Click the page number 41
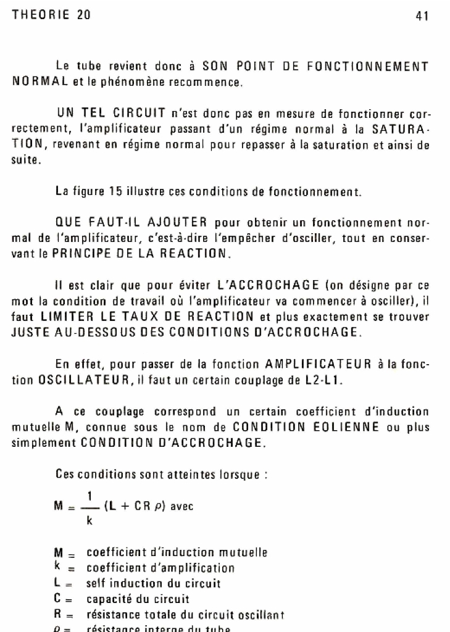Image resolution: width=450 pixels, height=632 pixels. click(422, 17)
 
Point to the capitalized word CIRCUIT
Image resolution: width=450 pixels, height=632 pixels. click(136, 113)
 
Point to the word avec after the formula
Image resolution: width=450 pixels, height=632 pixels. click(181, 507)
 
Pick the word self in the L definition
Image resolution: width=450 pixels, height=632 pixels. click(96, 583)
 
